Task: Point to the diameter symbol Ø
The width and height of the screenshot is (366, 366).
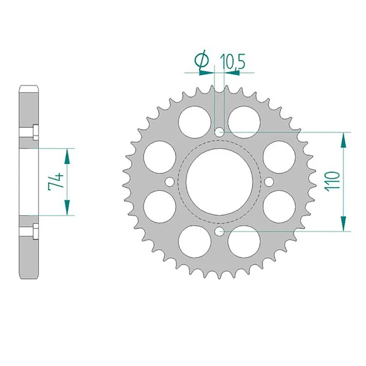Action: [x=202, y=61]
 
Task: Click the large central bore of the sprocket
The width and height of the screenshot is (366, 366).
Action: [x=219, y=182]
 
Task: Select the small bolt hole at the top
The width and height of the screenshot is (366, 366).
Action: [x=220, y=132]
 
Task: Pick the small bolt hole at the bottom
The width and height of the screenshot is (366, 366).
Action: [x=220, y=231]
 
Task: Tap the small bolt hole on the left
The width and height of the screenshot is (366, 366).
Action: [x=170, y=182]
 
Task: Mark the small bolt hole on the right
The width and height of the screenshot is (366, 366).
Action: [x=269, y=182]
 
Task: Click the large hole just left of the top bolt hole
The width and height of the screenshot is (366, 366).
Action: [x=193, y=120]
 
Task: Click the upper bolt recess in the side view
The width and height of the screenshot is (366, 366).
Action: [x=29, y=132]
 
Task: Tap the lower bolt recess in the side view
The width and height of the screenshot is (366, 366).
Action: [x=29, y=231]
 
